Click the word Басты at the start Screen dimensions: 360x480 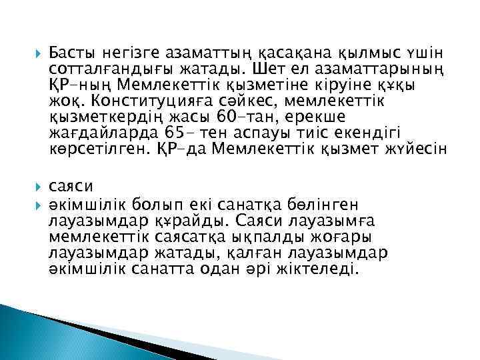click(x=71, y=53)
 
